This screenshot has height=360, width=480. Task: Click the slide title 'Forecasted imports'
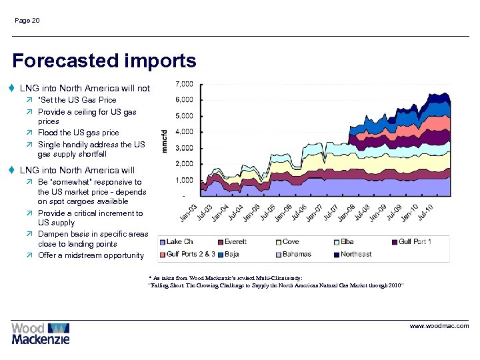(x=104, y=61)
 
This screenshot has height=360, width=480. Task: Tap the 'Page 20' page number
(x=27, y=21)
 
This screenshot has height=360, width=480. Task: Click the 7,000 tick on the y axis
(x=184, y=84)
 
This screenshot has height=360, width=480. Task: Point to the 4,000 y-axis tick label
(x=184, y=132)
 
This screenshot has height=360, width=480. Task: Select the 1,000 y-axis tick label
(x=184, y=180)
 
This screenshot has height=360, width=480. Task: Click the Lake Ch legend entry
(x=179, y=241)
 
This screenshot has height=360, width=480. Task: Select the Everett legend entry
(x=235, y=241)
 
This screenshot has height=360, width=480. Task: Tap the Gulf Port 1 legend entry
(x=415, y=241)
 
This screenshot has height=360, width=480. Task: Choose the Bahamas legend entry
(x=297, y=254)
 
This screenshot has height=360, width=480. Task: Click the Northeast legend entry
(x=356, y=254)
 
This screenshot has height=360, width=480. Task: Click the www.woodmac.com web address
(x=439, y=326)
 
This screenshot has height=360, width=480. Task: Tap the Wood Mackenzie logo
(x=40, y=333)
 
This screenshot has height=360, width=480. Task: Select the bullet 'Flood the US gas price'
(x=79, y=133)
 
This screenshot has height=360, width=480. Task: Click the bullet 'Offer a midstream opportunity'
(x=91, y=255)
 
